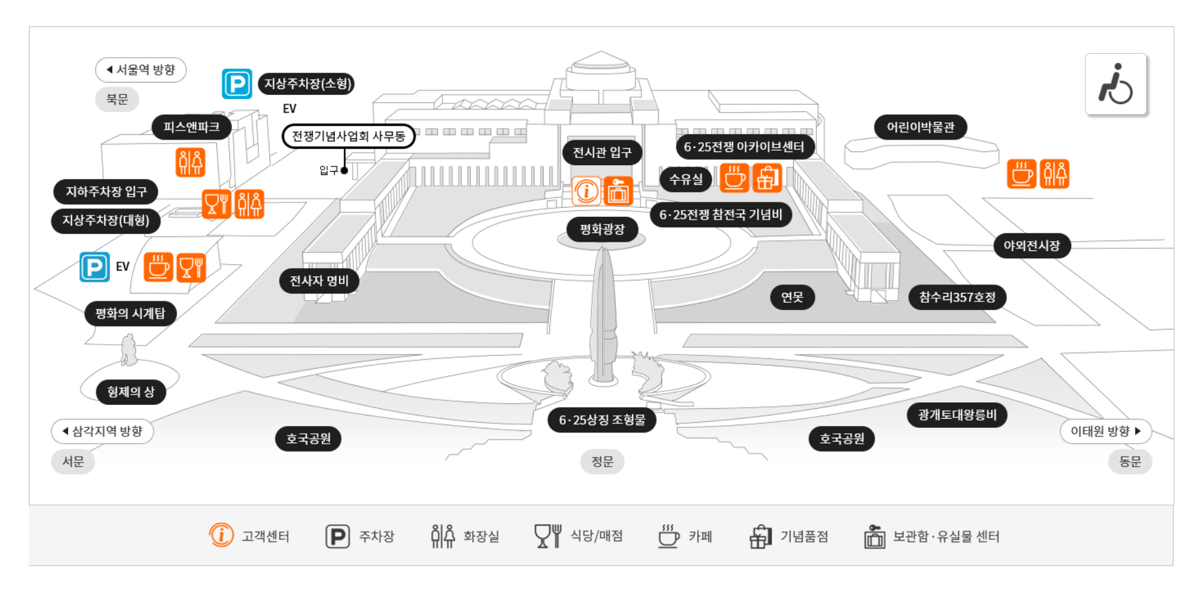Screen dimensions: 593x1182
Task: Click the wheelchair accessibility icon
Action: tap(1115, 85)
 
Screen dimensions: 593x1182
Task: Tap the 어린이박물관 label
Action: tap(920, 127)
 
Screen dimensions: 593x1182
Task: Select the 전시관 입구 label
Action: tap(602, 153)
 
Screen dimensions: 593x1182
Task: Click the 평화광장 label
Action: tap(602, 229)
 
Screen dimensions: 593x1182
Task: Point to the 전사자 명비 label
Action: tap(319, 281)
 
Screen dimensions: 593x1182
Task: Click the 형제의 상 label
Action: tap(130, 392)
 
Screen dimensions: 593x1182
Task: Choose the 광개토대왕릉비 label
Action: tap(957, 415)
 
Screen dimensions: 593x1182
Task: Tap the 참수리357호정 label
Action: tap(957, 297)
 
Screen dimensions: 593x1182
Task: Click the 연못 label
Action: tap(792, 297)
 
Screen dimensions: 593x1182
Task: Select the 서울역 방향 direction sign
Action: tap(141, 70)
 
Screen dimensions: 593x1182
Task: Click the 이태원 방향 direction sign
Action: tap(1105, 431)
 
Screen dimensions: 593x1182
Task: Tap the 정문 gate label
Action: tap(602, 462)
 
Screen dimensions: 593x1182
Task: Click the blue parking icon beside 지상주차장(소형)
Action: tap(237, 84)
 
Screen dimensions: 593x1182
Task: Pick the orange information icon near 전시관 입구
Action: tap(586, 191)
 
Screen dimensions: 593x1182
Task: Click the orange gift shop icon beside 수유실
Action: tap(767, 178)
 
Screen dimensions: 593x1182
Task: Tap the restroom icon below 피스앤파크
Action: tap(190, 163)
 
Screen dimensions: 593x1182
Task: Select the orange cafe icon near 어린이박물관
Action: tap(1021, 174)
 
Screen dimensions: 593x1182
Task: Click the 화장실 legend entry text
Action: tap(481, 537)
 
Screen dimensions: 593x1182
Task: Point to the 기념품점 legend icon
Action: tap(760, 537)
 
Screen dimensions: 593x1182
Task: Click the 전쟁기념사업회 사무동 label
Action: tap(348, 136)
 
